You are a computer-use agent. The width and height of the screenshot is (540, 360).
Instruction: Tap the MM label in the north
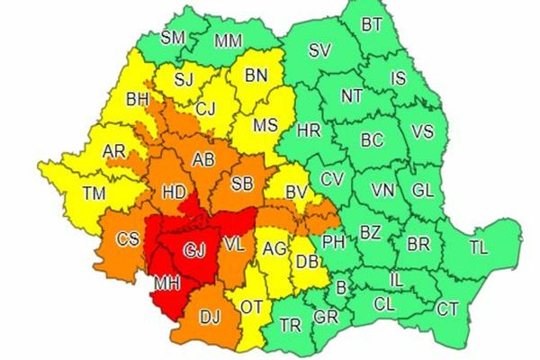pyautogui.click(x=228, y=40)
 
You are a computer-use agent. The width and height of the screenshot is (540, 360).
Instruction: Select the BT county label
pyautogui.click(x=372, y=25)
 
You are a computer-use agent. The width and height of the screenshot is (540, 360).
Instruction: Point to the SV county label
pyautogui.click(x=319, y=50)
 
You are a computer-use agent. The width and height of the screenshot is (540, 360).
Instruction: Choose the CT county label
pyautogui.click(x=446, y=309)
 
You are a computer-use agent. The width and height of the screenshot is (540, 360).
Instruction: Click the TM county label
pyautogui.click(x=93, y=192)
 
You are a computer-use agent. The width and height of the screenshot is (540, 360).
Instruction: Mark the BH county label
pyautogui.click(x=138, y=98)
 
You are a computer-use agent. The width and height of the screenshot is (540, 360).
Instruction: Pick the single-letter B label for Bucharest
pyautogui.click(x=340, y=288)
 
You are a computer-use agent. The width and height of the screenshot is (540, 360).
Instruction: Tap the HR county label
pyautogui.click(x=308, y=130)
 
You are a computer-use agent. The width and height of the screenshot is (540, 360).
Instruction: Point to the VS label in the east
pyautogui.click(x=422, y=131)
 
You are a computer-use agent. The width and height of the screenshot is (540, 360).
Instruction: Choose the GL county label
pyautogui.click(x=421, y=190)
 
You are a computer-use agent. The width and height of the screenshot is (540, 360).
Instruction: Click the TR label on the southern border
pyautogui.click(x=290, y=325)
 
